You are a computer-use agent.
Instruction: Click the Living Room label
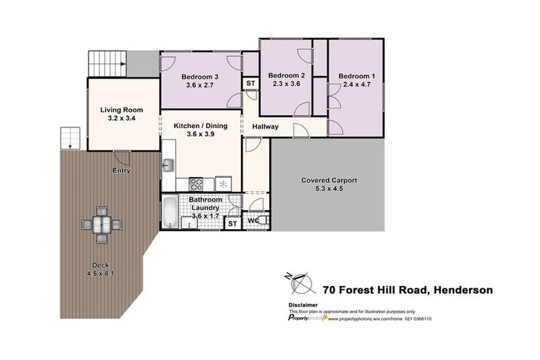pyautogui.click(x=121, y=110)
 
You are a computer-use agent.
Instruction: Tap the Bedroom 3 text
pyautogui.click(x=200, y=77)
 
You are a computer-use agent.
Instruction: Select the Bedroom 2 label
pyautogui.click(x=286, y=75)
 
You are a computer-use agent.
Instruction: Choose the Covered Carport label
pyautogui.click(x=329, y=181)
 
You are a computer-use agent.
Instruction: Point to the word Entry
pyautogui.click(x=121, y=170)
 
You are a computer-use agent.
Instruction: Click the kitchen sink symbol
pyautogui.click(x=169, y=166)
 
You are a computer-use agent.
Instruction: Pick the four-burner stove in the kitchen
pyautogui.click(x=197, y=184)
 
